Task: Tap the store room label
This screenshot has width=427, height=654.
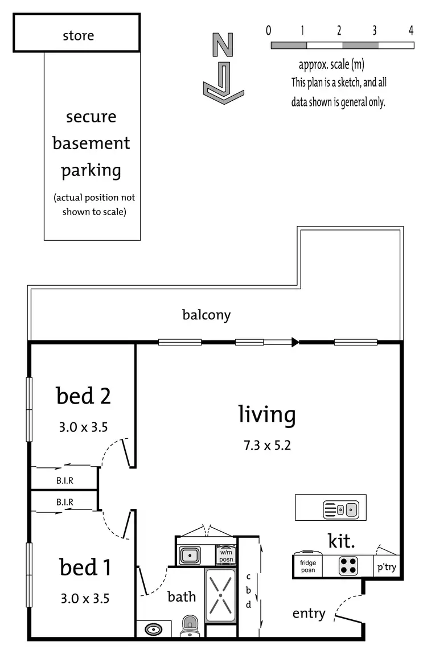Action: click(x=78, y=36)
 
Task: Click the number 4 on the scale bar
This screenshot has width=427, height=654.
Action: click(x=410, y=31)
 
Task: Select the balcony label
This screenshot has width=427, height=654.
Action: click(x=206, y=315)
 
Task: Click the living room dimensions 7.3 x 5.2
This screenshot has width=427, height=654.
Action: click(x=267, y=445)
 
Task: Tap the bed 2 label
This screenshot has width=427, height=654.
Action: click(x=83, y=396)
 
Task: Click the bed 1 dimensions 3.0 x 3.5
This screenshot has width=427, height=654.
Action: click(x=84, y=598)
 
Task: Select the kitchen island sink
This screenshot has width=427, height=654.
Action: click(x=340, y=508)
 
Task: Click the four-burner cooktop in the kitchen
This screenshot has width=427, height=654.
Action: click(x=348, y=565)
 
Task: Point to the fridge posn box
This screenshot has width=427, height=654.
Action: click(x=308, y=566)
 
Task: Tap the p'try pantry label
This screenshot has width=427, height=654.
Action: click(x=386, y=567)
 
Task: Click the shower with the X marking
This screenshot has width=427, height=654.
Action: click(x=220, y=593)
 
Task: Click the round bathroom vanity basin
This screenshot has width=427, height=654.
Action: click(x=153, y=630)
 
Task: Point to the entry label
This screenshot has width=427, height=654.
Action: click(x=309, y=614)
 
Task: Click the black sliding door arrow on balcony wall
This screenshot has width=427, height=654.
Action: click(x=294, y=342)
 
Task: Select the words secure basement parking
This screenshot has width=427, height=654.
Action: click(x=92, y=143)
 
